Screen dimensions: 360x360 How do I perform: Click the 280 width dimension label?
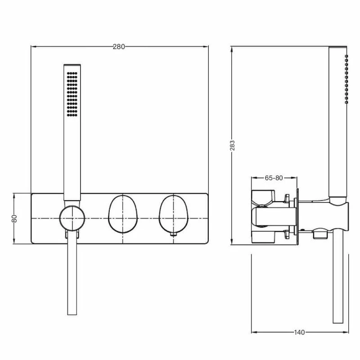tap(119, 47)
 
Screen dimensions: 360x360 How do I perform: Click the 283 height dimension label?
tap(232, 145)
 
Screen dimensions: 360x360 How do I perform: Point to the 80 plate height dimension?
tap(14, 218)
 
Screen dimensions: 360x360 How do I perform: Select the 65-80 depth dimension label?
tap(274, 178)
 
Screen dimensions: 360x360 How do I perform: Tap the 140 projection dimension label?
tap(299, 333)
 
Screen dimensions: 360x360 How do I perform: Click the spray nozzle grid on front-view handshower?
tap(72, 94)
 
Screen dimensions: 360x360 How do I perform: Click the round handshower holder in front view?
tap(72, 218)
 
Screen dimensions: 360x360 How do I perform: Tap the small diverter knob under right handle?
tap(174, 234)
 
